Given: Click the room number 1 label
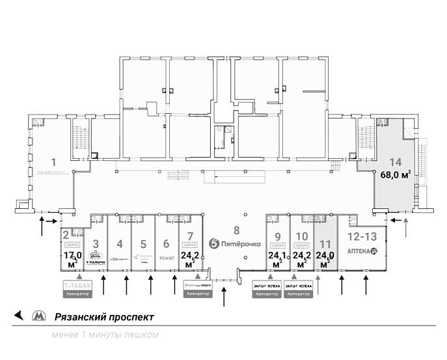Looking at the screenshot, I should click(x=53, y=161).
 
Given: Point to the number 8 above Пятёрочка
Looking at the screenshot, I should click(x=237, y=230).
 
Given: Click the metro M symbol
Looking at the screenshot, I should click(x=39, y=317).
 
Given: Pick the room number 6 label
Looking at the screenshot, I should click(x=167, y=244).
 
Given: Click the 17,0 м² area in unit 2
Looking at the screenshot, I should click(x=72, y=259).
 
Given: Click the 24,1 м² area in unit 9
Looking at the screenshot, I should click(x=278, y=260).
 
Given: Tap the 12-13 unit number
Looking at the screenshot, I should click(x=362, y=236).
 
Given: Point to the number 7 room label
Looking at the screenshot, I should click(x=189, y=236).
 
